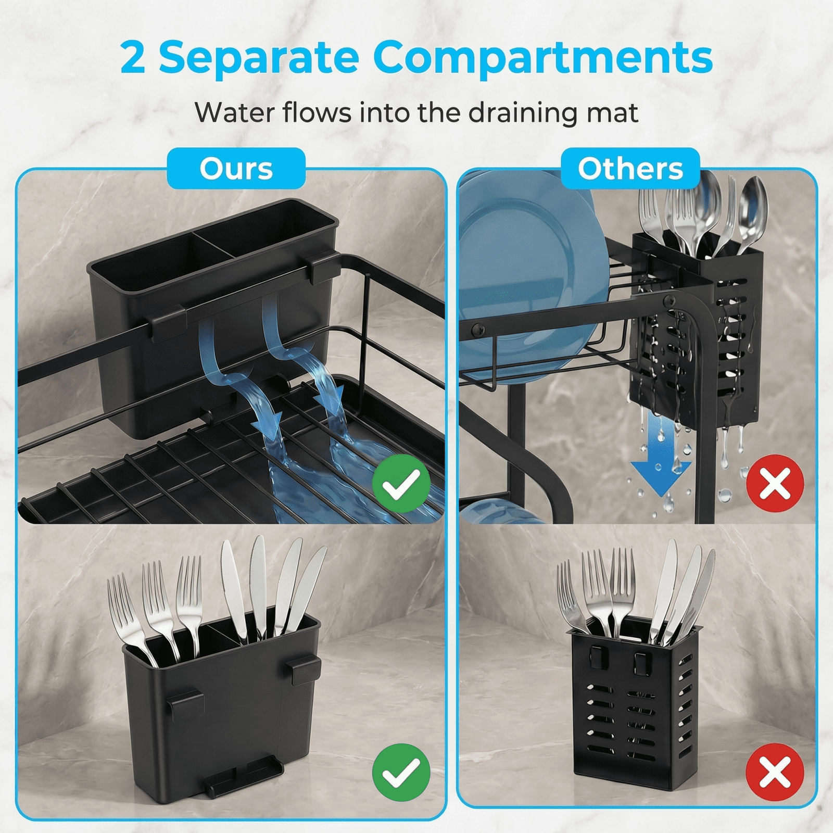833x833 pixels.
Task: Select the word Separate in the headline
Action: pos(258,57)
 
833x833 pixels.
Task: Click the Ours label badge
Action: pos(236,168)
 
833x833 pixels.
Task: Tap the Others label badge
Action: pos(630,168)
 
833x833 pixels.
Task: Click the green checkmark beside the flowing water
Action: pos(401,484)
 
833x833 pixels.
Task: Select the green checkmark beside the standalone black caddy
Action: pos(401,772)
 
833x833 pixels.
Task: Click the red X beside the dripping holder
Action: pos(775,484)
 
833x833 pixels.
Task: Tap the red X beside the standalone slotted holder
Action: pos(775,772)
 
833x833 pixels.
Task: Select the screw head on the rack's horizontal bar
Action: pos(477,329)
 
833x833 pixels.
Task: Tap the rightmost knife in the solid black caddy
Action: pos(307,588)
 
